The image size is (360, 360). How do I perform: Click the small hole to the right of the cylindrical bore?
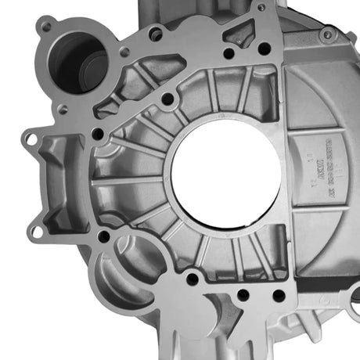point(124,52)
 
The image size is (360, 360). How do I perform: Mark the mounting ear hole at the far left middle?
point(31,139)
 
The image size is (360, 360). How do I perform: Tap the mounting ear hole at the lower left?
point(36,231)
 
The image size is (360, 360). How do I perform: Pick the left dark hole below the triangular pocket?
point(228,54)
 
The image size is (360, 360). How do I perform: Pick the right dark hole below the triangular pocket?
point(265,49)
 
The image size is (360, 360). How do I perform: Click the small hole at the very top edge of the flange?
point(261,8)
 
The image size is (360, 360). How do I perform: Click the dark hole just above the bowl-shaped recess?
point(104,236)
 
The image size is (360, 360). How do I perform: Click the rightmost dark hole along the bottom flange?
point(278,296)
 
